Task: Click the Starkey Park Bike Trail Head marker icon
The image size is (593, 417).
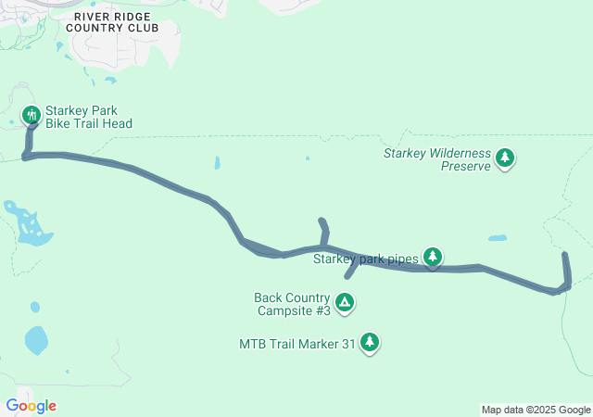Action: (x=31, y=115)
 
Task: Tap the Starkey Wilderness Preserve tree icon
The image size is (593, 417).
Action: (x=505, y=158)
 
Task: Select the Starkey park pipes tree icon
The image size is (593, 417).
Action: (x=433, y=256)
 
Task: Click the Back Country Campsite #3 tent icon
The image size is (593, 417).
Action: (x=345, y=301)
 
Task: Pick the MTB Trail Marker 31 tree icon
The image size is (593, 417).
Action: (x=370, y=342)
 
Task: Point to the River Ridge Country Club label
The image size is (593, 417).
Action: (x=116, y=22)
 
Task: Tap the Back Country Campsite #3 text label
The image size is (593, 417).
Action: (x=292, y=304)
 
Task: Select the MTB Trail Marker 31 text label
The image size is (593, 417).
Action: (x=296, y=344)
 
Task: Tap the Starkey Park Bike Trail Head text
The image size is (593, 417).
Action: (x=88, y=117)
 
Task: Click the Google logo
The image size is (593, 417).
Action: (x=31, y=406)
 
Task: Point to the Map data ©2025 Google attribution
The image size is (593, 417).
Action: (x=536, y=410)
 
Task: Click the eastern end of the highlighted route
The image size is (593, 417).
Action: (x=565, y=253)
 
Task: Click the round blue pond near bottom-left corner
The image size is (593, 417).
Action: (x=36, y=341)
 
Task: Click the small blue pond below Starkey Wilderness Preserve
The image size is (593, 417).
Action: (x=498, y=238)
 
